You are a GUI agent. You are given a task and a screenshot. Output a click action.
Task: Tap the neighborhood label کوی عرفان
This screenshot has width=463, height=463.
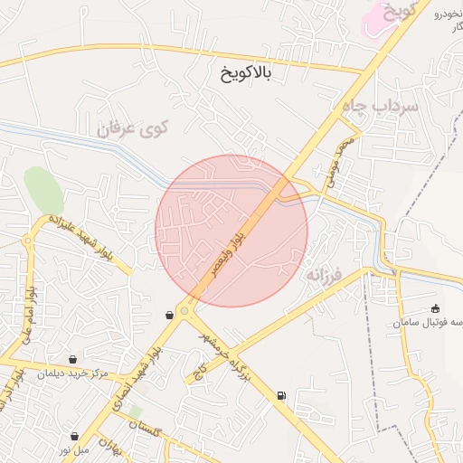point(133,128)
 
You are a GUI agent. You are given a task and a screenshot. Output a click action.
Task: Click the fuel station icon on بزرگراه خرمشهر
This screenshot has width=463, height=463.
point(281,395)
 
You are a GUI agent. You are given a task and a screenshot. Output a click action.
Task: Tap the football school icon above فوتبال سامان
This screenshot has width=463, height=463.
point(436,308)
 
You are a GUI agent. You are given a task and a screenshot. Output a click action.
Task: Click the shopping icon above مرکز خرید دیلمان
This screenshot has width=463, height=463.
point(72,359)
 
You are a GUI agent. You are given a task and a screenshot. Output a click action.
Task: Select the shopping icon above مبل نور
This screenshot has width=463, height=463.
point(74,436)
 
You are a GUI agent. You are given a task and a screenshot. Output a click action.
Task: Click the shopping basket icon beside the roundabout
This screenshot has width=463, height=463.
point(169,315)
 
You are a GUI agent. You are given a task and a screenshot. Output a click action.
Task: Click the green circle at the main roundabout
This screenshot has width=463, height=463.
point(184,310)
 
